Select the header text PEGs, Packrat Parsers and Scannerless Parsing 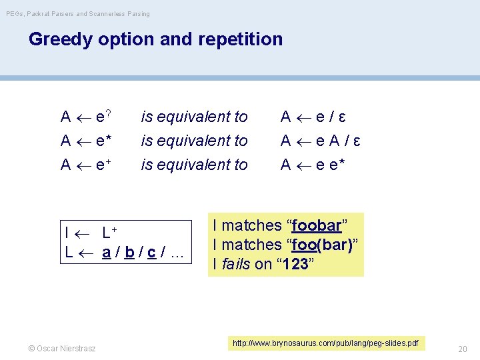click(x=78, y=13)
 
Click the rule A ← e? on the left click(x=85, y=117)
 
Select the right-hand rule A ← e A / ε click(x=320, y=141)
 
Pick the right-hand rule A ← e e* click(x=312, y=164)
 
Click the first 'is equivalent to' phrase click(x=194, y=117)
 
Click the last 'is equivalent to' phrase click(x=194, y=164)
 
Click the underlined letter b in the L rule click(x=129, y=252)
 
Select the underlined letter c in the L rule click(x=152, y=252)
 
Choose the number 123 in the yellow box click(x=294, y=264)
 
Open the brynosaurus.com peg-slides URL click(x=325, y=343)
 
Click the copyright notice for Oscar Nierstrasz click(x=62, y=348)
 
